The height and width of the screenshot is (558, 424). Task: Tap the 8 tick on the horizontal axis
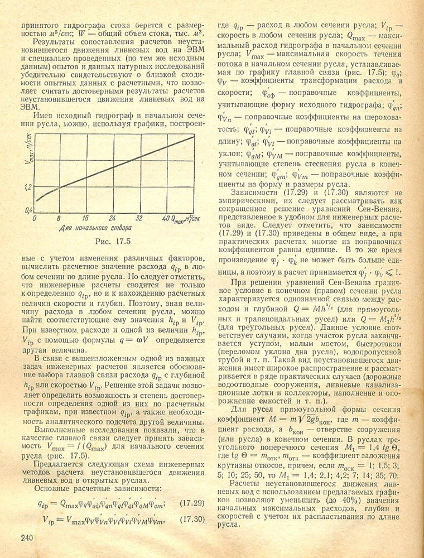58,218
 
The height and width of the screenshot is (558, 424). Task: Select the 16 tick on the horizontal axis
85,218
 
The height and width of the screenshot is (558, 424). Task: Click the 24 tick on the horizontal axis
112,218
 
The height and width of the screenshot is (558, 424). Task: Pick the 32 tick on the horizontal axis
139,218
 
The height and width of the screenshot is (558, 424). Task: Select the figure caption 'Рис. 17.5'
111,243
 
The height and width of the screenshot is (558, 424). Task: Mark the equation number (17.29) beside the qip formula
194,503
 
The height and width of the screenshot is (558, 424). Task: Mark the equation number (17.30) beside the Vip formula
194,519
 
